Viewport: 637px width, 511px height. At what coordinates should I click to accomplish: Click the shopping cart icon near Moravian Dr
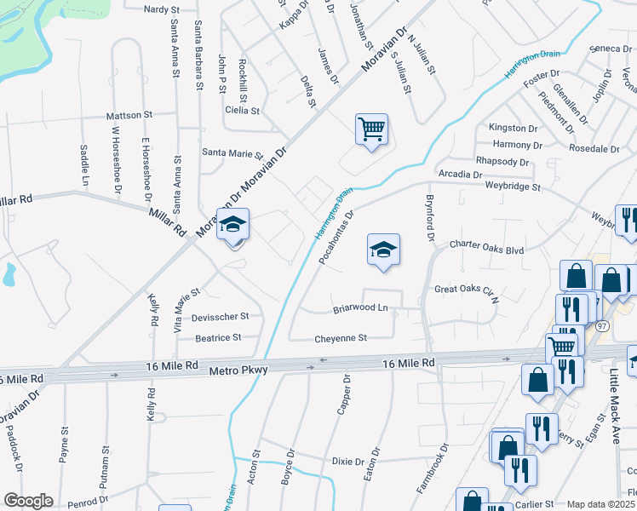pyautogui.click(x=371, y=130)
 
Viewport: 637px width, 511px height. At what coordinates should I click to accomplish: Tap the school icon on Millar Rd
pyautogui.click(x=232, y=226)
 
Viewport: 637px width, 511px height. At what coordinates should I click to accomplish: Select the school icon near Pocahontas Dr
pyautogui.click(x=383, y=250)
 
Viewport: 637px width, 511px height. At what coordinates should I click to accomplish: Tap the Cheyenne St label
pyautogui.click(x=341, y=338)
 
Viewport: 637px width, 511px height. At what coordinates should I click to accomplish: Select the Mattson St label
pyautogui.click(x=129, y=114)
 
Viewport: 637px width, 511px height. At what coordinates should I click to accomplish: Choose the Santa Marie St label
pyautogui.click(x=232, y=153)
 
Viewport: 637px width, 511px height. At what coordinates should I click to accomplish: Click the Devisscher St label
pyautogui.click(x=221, y=316)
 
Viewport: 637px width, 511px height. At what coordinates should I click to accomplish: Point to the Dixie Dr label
pyautogui.click(x=348, y=461)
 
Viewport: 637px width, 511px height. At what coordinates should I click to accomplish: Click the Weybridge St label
pyautogui.click(x=513, y=186)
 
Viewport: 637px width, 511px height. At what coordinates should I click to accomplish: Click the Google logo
pyautogui.click(x=29, y=501)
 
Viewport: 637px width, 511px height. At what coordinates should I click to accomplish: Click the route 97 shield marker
pyautogui.click(x=603, y=326)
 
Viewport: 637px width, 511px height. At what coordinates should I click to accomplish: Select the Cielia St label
pyautogui.click(x=242, y=111)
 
